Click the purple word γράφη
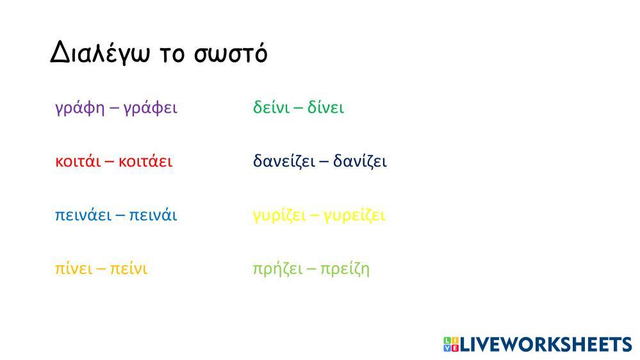(80, 108)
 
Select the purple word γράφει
(150, 108)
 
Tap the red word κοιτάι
(78, 161)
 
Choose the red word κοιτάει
(145, 161)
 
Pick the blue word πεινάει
(83, 215)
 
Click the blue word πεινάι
(153, 215)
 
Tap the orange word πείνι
(129, 268)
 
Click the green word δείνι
(272, 107)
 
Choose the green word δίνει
(325, 107)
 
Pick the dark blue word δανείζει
(284, 161)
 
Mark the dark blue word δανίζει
(359, 161)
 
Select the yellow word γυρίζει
(279, 216)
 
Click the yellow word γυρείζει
(354, 216)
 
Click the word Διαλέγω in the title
(101, 53)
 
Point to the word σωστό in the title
(231, 53)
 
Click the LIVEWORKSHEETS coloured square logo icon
(451, 344)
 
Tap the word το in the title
(172, 55)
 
